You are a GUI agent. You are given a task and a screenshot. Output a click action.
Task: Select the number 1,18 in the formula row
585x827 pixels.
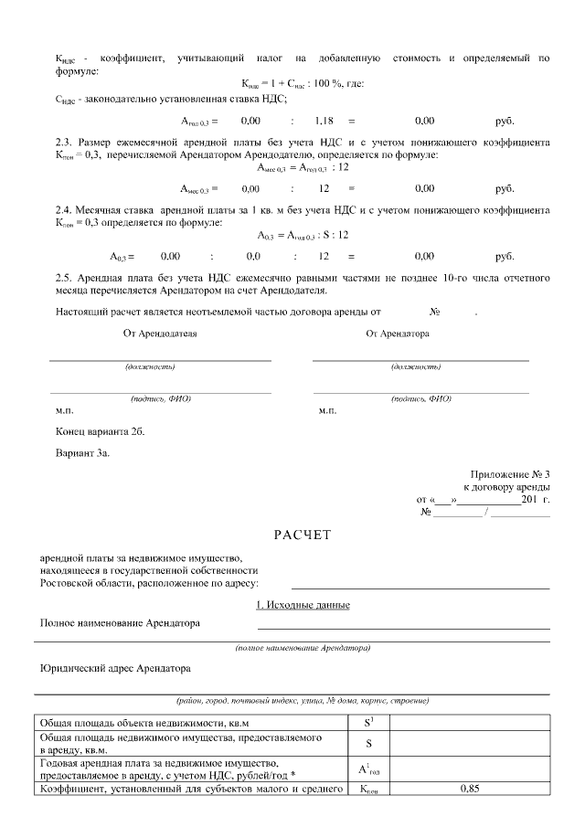point(324,121)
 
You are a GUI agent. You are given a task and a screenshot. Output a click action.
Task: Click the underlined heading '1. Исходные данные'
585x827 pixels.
point(303,605)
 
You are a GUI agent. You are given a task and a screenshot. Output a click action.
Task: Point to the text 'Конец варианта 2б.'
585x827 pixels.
point(100,430)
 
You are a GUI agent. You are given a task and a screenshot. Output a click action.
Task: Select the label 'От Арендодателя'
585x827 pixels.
point(160,334)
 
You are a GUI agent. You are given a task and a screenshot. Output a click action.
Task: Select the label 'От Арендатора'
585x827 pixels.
point(398,334)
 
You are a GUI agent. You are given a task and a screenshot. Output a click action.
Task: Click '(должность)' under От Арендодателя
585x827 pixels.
point(150,366)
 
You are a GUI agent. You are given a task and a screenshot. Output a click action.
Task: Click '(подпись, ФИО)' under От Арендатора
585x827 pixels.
point(420,399)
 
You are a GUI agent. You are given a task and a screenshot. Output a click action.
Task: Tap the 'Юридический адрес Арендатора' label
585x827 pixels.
point(114,668)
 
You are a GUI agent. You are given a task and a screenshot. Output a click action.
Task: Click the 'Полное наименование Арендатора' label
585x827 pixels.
point(120,623)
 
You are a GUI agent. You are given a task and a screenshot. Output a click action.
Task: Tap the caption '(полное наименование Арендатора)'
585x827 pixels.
point(303,648)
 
